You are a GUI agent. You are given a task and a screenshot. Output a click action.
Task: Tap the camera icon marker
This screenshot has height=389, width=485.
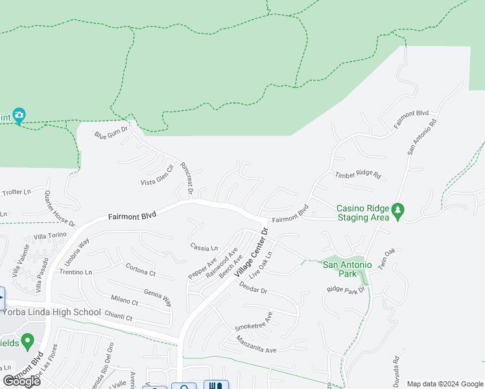(x=19, y=116)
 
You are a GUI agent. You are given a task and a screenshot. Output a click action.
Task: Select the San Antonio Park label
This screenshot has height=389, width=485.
(x=347, y=268)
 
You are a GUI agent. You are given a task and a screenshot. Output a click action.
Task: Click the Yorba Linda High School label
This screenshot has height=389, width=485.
(x=51, y=312)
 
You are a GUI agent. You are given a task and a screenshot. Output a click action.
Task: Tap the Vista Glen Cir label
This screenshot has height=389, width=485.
(x=158, y=176)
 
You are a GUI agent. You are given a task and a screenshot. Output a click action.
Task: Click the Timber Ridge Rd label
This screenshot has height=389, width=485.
(x=357, y=175)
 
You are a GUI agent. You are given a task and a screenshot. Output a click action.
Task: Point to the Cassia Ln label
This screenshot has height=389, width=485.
(x=204, y=247)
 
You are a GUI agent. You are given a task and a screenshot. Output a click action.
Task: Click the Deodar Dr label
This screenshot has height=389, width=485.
(x=253, y=288)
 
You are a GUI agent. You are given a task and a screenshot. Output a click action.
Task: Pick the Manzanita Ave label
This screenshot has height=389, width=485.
(x=256, y=345)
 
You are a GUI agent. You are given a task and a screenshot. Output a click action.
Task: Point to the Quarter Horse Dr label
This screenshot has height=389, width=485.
(x=59, y=208)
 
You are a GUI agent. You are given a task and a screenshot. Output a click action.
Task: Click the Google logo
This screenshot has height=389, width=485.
(x=21, y=381)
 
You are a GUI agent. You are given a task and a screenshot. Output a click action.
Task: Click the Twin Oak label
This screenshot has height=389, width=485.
(x=386, y=260)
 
